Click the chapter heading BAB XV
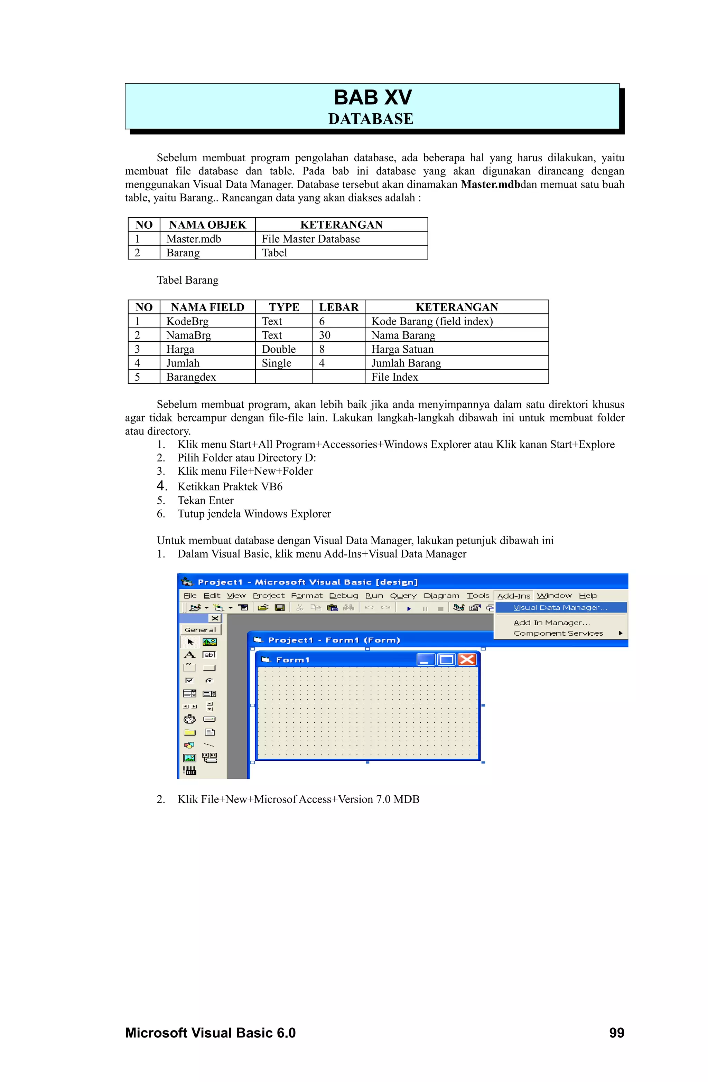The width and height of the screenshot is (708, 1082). click(372, 98)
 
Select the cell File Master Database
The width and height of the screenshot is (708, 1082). click(310, 239)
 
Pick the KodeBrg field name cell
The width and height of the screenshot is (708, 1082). click(187, 321)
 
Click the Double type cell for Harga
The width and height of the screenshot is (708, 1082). click(279, 349)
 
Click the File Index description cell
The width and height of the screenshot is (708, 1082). click(394, 377)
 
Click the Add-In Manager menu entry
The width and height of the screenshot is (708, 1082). click(551, 623)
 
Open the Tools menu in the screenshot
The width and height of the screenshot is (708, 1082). click(478, 596)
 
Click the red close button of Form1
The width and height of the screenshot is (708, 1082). click(467, 659)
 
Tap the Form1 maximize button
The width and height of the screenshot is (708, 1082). click(446, 659)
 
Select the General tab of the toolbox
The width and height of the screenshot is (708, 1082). click(200, 630)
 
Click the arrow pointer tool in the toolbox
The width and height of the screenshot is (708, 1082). click(190, 642)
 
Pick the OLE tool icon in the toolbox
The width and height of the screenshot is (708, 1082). click(190, 771)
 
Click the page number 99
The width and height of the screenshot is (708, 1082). click(616, 1033)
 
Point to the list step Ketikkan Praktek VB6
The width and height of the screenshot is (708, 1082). click(230, 487)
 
